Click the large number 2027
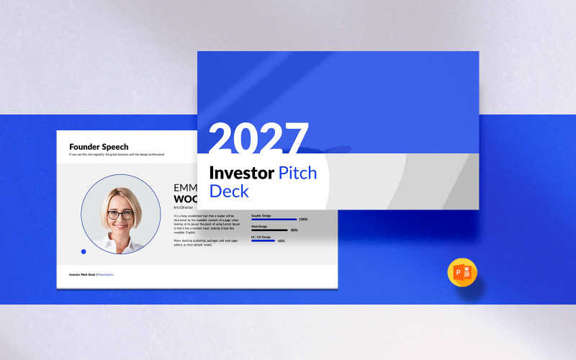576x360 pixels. point(258,138)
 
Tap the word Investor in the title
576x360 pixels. point(241,173)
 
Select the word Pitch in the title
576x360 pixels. point(297,173)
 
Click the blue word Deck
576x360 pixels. point(228,191)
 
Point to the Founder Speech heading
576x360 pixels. point(99,147)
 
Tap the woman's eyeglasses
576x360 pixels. point(121,214)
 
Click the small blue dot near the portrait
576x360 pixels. point(84,251)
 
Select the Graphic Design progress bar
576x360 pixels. point(274,219)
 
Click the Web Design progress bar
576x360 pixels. point(269,230)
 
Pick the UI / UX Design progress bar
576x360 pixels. point(263,240)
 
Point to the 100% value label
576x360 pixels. point(303,219)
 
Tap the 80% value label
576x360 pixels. point(294,230)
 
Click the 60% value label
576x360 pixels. point(282,240)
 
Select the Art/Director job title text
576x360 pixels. point(184,207)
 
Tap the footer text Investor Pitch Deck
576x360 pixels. point(82,274)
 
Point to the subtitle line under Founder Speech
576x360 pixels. point(117,154)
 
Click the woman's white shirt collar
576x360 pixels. point(121,246)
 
